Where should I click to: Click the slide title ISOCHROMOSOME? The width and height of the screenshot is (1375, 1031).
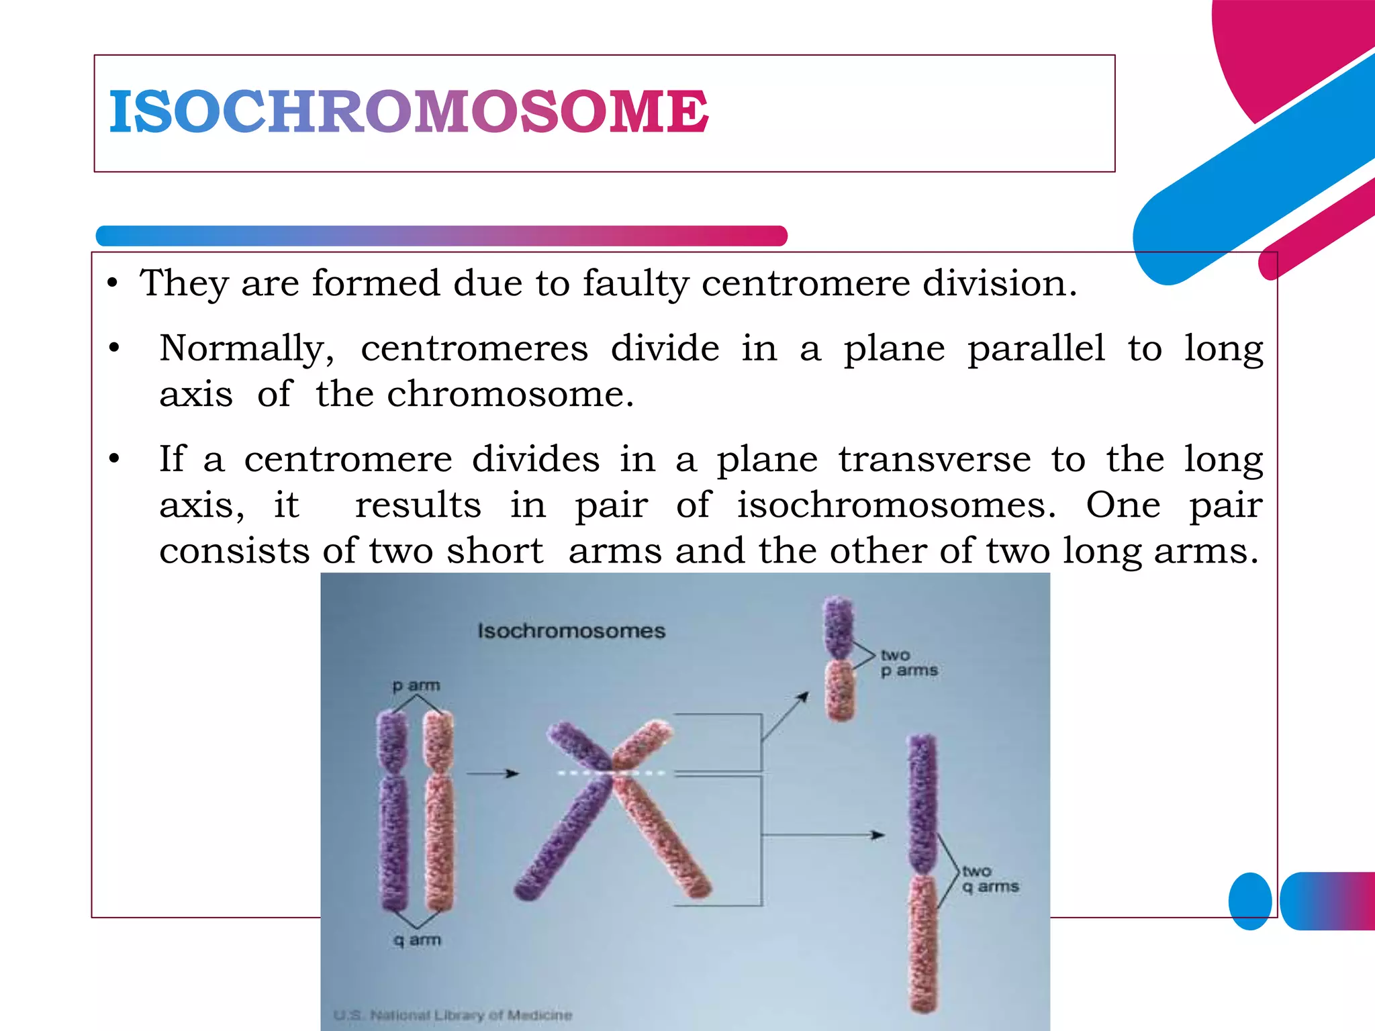tap(408, 111)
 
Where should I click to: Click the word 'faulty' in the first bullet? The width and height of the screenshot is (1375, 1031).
tap(634, 283)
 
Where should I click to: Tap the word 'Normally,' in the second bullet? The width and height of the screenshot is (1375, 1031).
tap(246, 349)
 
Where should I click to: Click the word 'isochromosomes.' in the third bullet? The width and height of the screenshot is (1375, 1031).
tap(896, 505)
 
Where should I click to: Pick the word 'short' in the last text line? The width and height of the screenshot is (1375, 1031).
tap(495, 551)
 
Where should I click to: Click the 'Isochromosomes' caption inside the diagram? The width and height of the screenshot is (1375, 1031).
tap(571, 631)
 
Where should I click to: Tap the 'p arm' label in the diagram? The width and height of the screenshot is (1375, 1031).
tap(416, 685)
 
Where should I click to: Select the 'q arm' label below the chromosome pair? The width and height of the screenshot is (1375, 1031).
tap(417, 940)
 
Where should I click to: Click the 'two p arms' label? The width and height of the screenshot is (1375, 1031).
tap(908, 662)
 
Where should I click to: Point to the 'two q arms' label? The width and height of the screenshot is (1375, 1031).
tap(990, 879)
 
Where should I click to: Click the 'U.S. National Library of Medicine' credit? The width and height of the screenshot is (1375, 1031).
tap(453, 1015)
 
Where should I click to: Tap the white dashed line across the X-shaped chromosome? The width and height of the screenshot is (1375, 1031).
tap(612, 773)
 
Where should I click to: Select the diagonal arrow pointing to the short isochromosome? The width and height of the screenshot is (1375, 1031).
tap(785, 716)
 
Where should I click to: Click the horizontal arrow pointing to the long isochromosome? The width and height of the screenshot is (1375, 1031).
tap(824, 835)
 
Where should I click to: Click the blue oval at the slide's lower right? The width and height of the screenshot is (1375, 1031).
tap(1249, 901)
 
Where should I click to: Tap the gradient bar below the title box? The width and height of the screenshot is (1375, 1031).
tap(441, 236)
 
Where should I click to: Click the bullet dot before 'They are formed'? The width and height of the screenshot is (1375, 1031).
tap(113, 284)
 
